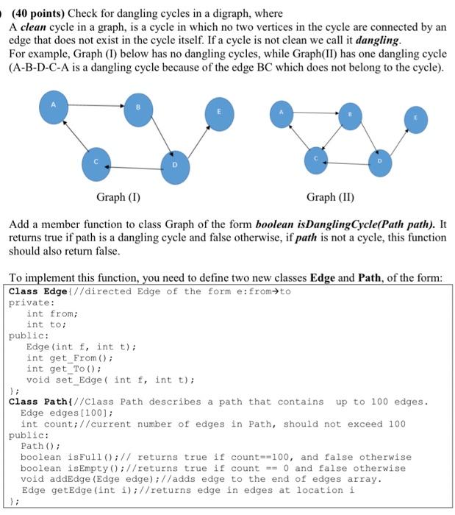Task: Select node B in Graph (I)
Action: coord(137,110)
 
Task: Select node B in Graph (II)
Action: coord(350,115)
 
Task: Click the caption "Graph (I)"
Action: coord(118,197)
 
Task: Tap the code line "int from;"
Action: coord(46,313)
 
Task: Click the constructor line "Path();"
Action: coord(37,446)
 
